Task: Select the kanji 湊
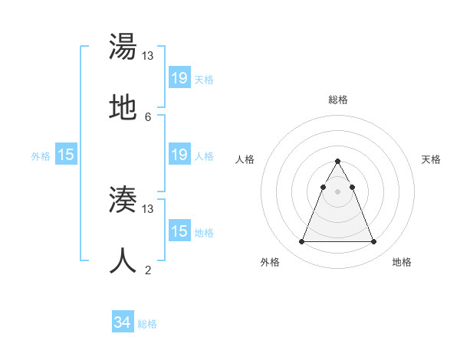point(123,201)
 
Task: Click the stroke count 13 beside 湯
point(148,56)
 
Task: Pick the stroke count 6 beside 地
point(148,116)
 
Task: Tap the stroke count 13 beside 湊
point(148,208)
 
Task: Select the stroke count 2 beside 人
point(148,270)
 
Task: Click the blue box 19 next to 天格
point(179,78)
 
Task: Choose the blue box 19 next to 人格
point(179,155)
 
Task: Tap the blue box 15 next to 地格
point(179,231)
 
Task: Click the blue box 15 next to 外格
point(66,155)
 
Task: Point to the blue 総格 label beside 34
point(147,324)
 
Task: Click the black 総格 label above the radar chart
point(338,100)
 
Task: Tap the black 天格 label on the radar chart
point(432,159)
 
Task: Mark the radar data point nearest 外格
point(301,242)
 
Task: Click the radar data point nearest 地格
point(373,242)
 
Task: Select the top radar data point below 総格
point(337,162)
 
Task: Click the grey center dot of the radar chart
point(337,191)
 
